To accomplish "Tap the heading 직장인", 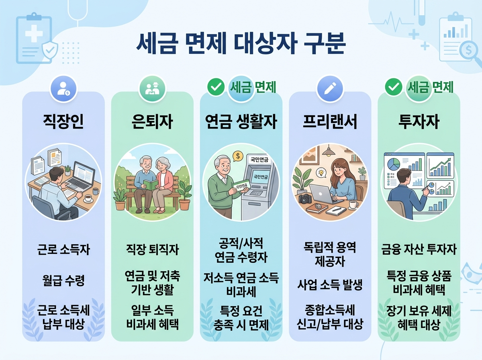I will pyautogui.click(x=63, y=122).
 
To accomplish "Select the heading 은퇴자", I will pyautogui.click(x=152, y=122).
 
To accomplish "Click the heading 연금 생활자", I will pyautogui.click(x=241, y=122).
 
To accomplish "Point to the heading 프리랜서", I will pyautogui.click(x=330, y=122).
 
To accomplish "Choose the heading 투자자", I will pyautogui.click(x=419, y=122).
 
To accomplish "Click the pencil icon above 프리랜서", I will pyautogui.click(x=330, y=88).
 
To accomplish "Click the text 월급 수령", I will pyautogui.click(x=63, y=280).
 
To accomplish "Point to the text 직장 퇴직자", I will pyautogui.click(x=152, y=250).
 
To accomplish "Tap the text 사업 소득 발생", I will pyautogui.click(x=330, y=285).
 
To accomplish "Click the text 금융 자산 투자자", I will pyautogui.click(x=419, y=250).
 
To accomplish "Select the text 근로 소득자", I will pyautogui.click(x=63, y=250).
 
